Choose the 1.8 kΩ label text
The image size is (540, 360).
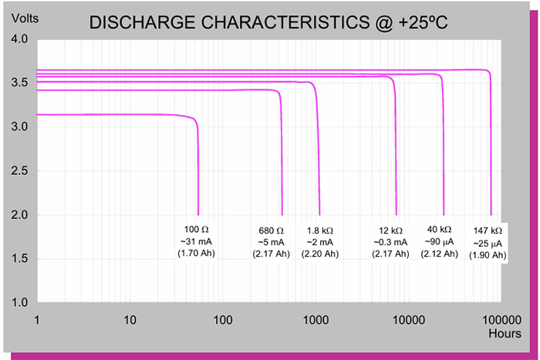[x=320, y=230]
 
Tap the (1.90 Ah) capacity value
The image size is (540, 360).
[x=488, y=255]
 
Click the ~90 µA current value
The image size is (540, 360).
[x=441, y=242]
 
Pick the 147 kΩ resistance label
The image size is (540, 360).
[x=488, y=230]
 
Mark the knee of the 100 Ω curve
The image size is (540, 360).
[x=195, y=122]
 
